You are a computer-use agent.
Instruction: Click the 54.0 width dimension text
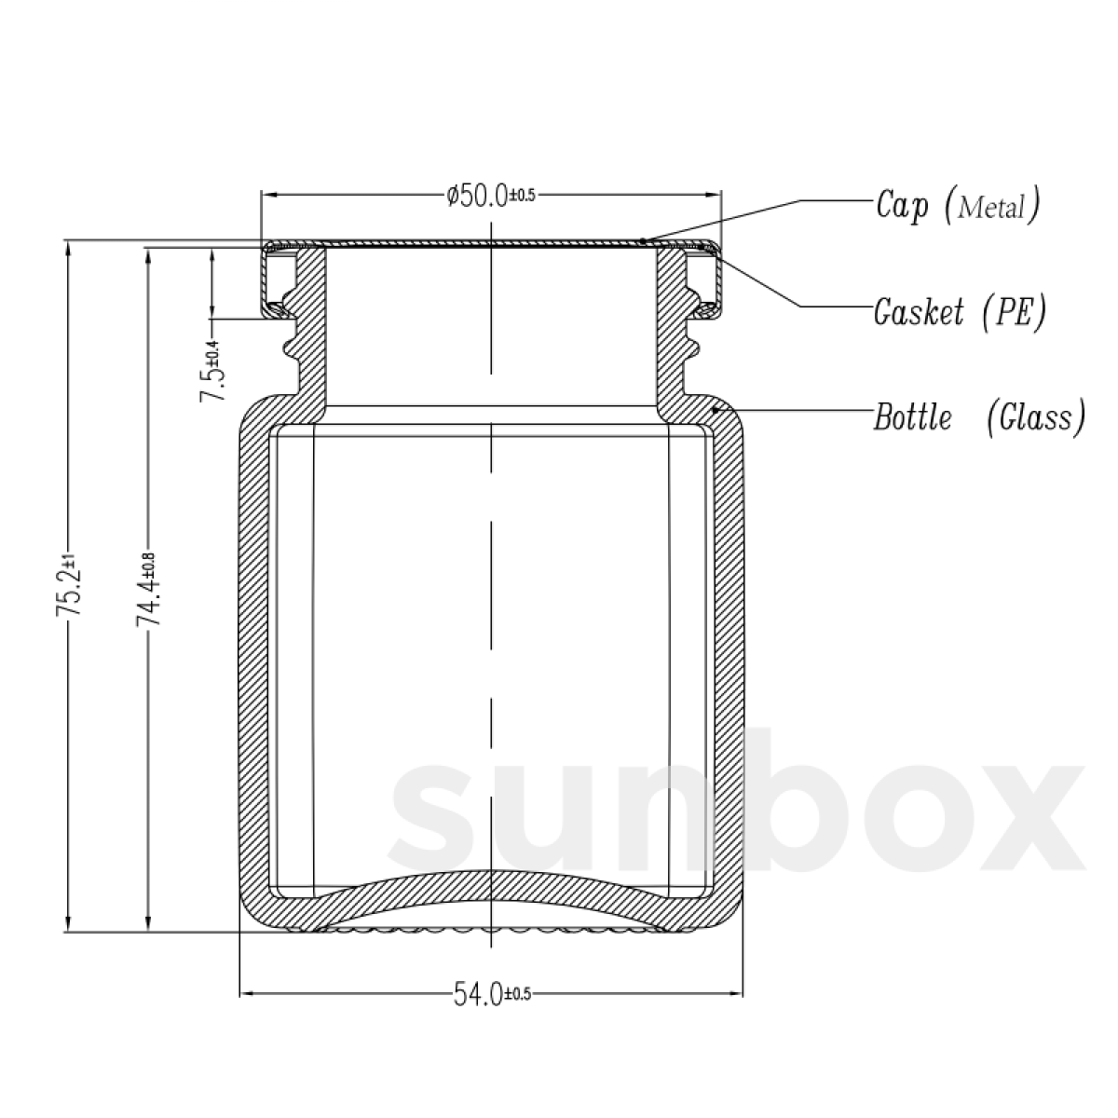click(491, 994)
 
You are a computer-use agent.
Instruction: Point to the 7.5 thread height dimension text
click(211, 371)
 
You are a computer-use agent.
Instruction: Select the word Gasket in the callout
click(919, 311)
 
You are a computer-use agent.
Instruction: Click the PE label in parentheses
click(1013, 311)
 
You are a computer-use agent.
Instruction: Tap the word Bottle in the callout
click(912, 417)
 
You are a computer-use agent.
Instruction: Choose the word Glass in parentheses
click(1035, 417)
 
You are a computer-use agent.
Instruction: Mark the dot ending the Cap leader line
click(644, 240)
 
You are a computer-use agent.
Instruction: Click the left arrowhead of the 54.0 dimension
click(247, 994)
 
